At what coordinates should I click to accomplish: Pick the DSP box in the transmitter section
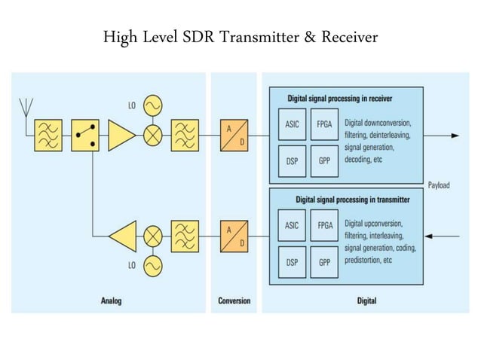click(291, 262)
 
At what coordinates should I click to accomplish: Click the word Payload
click(443, 184)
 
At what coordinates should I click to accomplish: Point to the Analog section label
click(111, 301)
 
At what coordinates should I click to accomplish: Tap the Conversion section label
click(234, 301)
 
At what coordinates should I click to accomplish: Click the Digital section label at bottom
click(366, 301)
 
